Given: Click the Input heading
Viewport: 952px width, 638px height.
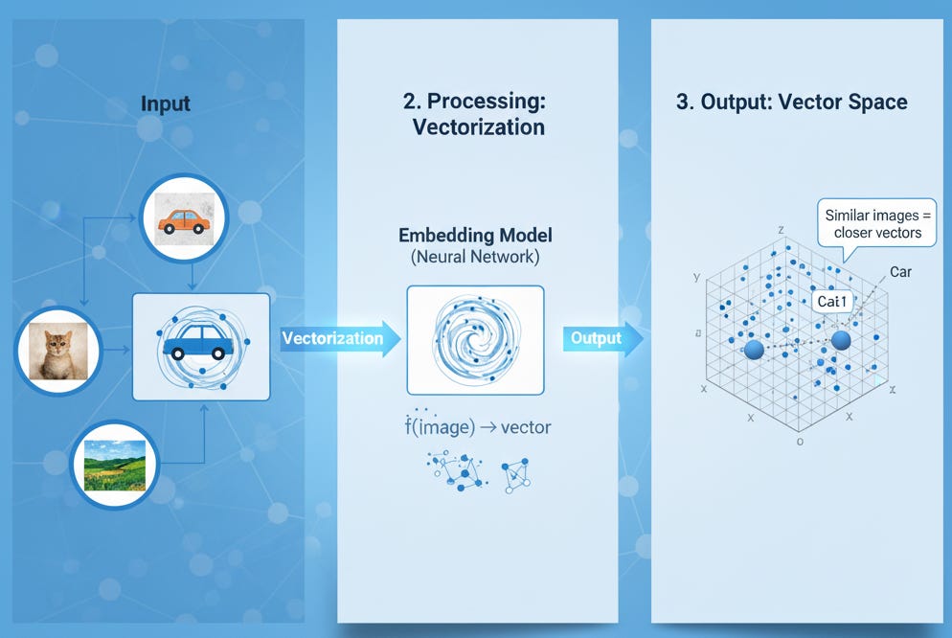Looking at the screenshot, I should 166,103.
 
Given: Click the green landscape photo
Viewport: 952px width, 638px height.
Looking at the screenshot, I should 115,465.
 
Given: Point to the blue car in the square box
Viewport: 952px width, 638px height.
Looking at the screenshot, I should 201,346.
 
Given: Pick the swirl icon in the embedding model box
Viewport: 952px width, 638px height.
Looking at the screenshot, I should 475,340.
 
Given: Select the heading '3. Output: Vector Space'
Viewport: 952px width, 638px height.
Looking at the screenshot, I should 792,103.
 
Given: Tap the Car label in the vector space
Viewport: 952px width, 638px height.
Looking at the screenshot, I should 900,272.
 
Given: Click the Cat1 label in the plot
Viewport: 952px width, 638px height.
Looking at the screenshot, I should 832,302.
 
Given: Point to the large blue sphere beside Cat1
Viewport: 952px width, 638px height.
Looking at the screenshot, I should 842,339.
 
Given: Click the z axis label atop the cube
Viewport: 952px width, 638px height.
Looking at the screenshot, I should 782,230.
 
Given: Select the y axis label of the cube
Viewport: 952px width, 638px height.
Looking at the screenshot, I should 696,277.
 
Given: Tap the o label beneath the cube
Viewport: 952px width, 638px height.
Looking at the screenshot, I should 799,443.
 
